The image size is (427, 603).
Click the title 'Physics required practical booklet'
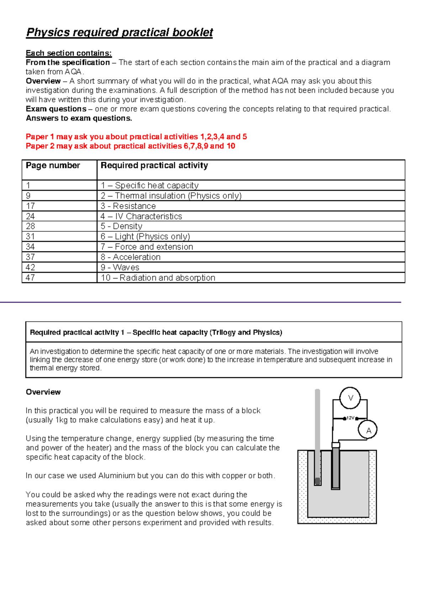coord(120,32)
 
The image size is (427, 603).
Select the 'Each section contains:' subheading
coord(69,53)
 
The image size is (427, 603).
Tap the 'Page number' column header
coord(53,165)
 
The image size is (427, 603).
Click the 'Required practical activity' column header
coord(154,165)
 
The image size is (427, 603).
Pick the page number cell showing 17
coord(31,206)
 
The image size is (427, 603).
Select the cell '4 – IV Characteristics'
coord(141,216)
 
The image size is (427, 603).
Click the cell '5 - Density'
coord(121,226)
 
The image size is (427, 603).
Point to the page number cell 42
coord(31,267)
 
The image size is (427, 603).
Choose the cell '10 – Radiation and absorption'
coord(158,278)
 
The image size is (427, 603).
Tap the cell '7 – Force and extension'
coord(147,247)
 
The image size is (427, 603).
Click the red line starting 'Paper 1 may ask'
coord(136,137)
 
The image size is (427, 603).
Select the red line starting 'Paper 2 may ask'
coord(130,146)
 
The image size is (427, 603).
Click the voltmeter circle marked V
coord(350,398)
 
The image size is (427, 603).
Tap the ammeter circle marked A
coord(368,430)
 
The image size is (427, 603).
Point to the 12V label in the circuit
coord(350,418)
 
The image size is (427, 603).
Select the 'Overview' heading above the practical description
coord(43,392)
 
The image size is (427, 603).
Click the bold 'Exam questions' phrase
coord(56,109)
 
